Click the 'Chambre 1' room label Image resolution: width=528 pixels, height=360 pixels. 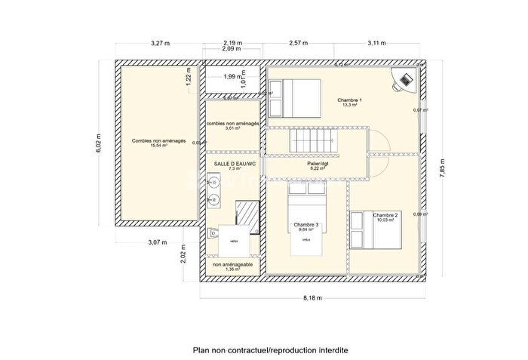350,100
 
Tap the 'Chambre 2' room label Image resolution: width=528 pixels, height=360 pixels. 385,215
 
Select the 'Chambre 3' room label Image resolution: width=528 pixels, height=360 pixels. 306,225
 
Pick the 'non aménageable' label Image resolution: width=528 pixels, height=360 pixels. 232,265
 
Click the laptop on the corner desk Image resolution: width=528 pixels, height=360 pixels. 405,79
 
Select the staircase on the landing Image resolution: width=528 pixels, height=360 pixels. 312,140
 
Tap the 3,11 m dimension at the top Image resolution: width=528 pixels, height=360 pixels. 376,43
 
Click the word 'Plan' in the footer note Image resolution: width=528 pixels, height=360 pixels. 201,350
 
